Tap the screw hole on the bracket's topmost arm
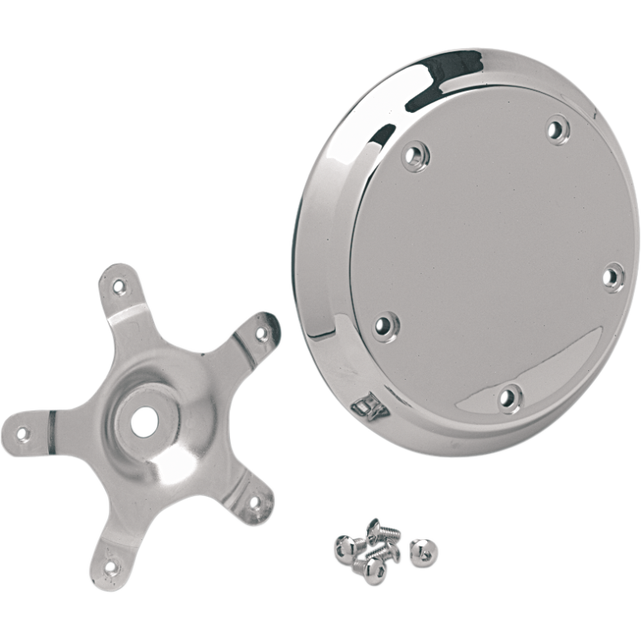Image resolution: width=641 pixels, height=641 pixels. [x=119, y=284]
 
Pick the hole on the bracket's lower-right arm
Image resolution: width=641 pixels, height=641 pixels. [x=255, y=502]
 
